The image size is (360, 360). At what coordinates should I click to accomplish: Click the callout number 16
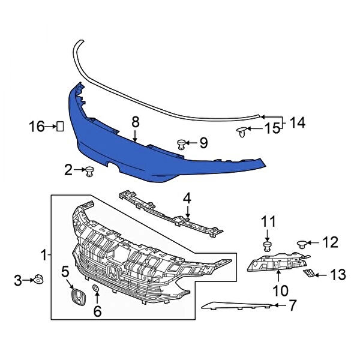click(x=37, y=126)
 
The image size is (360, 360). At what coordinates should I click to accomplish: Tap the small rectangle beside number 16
click(x=60, y=126)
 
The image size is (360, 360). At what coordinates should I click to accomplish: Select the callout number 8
click(x=136, y=122)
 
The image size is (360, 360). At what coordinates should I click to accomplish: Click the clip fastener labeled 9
click(x=181, y=144)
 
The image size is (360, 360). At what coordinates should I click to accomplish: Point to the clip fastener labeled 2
click(x=90, y=171)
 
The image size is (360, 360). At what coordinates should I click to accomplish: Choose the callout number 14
click(x=298, y=122)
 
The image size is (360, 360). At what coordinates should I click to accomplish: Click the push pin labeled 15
click(x=242, y=132)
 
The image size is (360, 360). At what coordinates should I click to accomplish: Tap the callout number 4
click(x=187, y=199)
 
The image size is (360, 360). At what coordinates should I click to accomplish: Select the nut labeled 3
click(x=38, y=279)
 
